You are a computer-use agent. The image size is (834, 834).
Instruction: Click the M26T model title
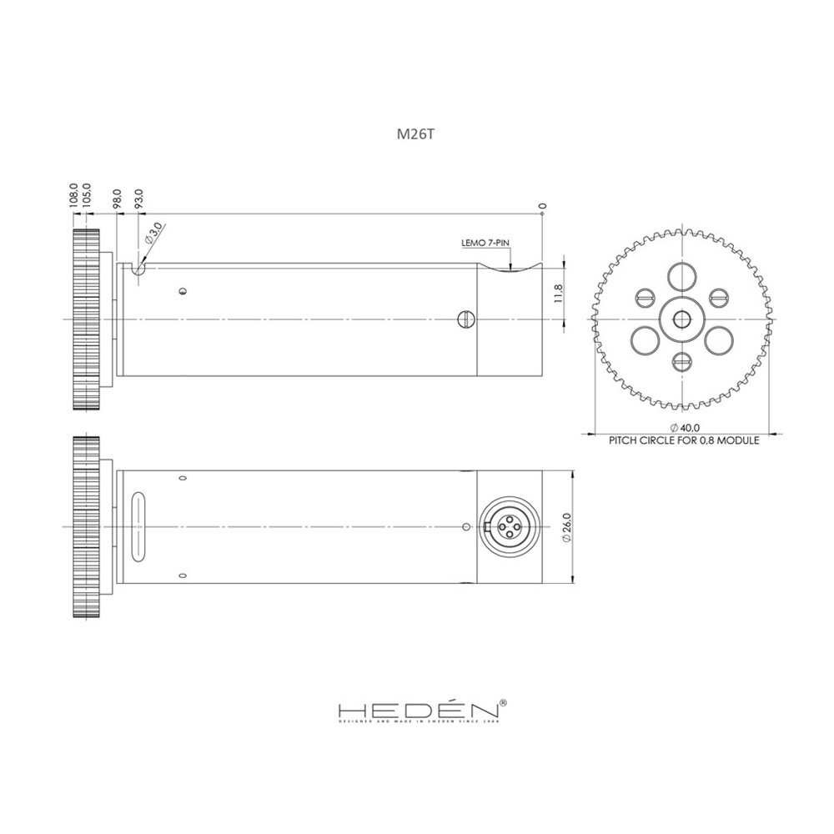[x=415, y=134]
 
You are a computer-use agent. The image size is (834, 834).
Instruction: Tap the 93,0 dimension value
[x=138, y=198]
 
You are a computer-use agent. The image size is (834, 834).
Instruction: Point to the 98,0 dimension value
[x=118, y=198]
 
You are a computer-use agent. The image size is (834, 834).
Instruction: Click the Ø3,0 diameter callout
[x=153, y=234]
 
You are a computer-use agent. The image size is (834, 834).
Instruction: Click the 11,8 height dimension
[x=558, y=294]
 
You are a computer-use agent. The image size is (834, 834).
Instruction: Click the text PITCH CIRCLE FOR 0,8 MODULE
[x=684, y=440]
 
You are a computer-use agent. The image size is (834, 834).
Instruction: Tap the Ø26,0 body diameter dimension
[x=566, y=527]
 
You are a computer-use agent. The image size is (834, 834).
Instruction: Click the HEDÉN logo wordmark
[x=417, y=711]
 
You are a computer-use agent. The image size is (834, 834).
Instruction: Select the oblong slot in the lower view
[x=138, y=527]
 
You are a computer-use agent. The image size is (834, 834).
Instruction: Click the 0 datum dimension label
[x=542, y=204]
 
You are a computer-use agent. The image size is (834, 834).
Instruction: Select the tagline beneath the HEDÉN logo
[x=417, y=724]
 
